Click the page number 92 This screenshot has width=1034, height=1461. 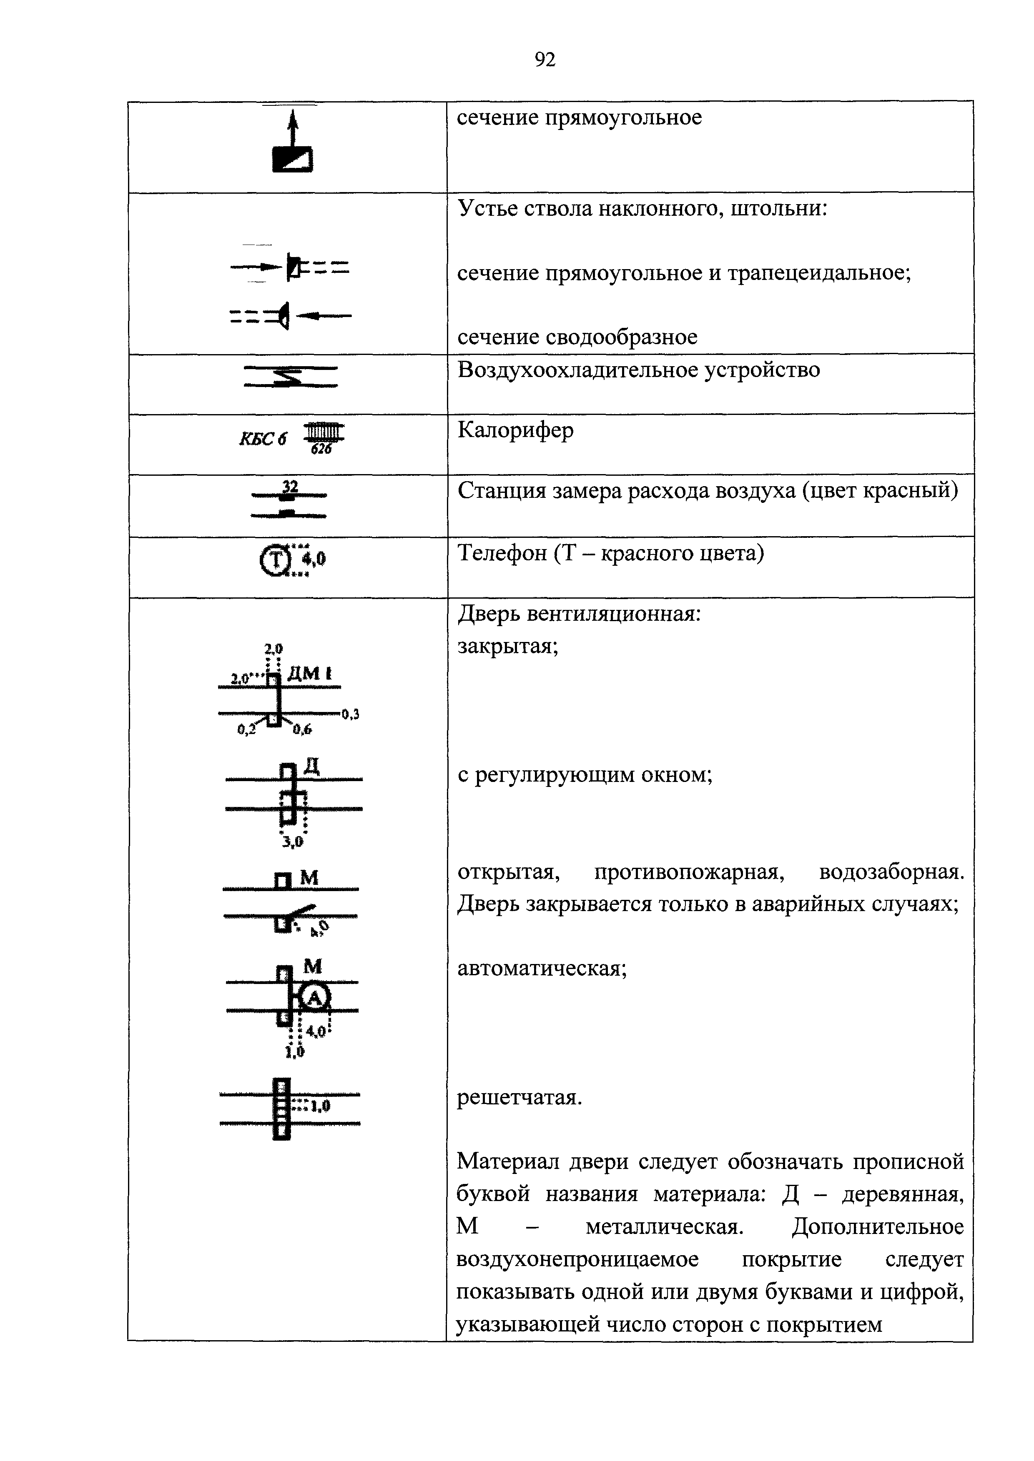(545, 60)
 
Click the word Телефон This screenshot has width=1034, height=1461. (500, 554)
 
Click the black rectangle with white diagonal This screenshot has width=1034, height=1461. (292, 159)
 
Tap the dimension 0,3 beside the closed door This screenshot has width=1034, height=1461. (350, 714)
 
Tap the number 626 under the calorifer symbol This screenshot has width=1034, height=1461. (321, 449)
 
